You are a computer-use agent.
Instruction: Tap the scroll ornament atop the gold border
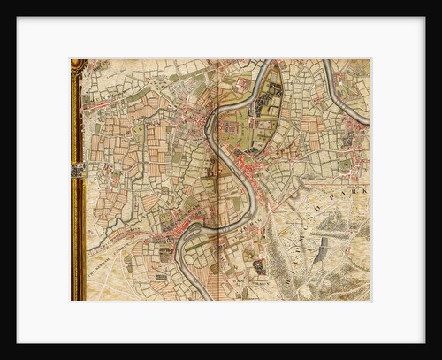(x=78, y=65)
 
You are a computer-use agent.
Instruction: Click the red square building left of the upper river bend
(x=242, y=85)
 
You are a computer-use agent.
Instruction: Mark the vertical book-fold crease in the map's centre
(x=217, y=177)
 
